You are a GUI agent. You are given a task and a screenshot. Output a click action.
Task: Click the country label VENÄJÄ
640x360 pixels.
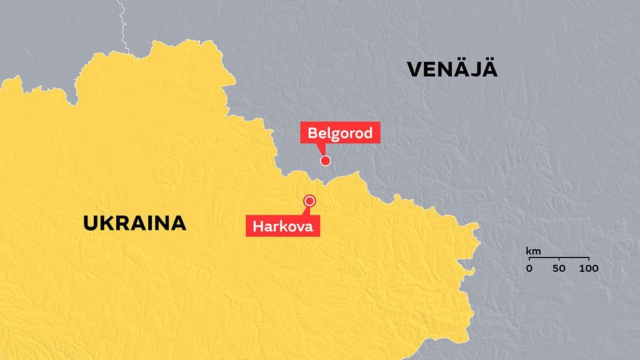452,69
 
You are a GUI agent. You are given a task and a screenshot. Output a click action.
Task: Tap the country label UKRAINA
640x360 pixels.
134,223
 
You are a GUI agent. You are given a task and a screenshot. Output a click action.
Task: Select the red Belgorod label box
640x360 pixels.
340,133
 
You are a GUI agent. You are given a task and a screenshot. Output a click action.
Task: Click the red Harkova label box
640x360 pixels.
283,226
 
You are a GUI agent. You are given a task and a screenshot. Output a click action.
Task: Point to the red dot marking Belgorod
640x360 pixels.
325,161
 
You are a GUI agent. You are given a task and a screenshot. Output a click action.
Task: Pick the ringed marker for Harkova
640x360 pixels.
309,201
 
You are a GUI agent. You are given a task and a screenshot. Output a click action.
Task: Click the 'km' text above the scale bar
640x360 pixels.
533,252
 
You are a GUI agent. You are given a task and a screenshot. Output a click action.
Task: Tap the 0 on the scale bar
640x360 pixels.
529,269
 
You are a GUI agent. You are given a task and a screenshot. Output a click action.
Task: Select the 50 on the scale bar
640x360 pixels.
559,269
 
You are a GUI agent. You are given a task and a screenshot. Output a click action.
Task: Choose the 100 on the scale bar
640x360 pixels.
588,269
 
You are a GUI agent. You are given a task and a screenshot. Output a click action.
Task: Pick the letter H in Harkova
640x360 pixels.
258,226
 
